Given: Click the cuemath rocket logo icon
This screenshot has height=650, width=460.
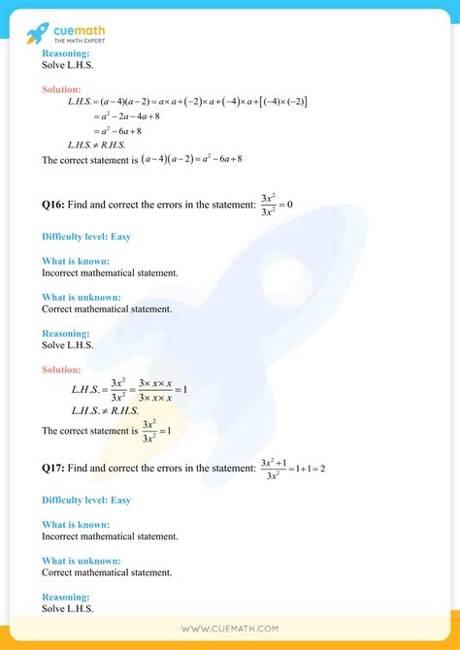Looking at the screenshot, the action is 37,33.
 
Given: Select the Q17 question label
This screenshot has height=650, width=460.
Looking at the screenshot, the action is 53,469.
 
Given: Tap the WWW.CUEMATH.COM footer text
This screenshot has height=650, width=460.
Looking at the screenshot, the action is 230,631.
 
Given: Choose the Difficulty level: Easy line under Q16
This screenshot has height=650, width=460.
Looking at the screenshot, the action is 86,237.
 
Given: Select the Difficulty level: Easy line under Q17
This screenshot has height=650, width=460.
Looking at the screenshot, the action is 86,501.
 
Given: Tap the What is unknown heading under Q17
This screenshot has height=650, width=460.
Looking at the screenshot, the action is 82,561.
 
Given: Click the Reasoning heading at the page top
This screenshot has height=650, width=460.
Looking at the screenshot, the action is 66,53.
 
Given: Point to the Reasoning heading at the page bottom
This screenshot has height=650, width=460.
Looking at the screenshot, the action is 66,598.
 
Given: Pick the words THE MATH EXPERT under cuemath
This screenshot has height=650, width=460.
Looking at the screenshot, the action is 82,39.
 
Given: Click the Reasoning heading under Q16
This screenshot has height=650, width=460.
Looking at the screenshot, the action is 66,334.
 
